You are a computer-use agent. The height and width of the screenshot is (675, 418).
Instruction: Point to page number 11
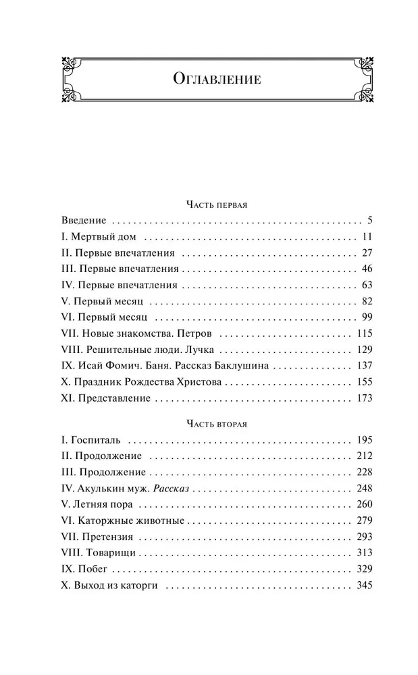[367, 236]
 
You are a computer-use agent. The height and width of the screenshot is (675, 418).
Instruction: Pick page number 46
[366, 269]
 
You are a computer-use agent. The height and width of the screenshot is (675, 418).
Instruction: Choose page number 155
[363, 382]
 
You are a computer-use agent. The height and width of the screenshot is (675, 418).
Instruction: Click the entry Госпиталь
[95, 440]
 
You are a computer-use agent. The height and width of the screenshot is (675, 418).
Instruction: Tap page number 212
[363, 456]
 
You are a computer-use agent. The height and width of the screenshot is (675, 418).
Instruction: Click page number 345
[363, 586]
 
